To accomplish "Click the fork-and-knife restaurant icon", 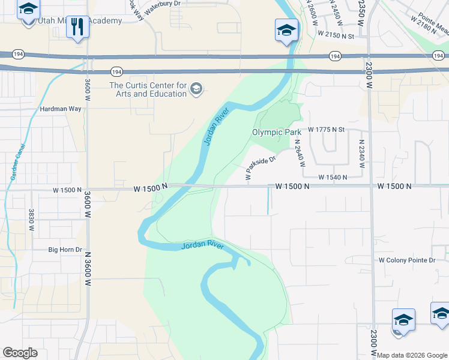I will pyautogui.click(x=77, y=26).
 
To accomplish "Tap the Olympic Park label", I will pyautogui.click(x=276, y=132).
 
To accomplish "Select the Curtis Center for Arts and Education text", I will pyautogui.click(x=148, y=89).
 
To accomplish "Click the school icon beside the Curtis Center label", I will pyautogui.click(x=196, y=90).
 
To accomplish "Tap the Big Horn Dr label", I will pyautogui.click(x=65, y=249).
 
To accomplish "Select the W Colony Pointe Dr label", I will pyautogui.click(x=407, y=260).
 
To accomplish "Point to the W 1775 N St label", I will pyautogui.click(x=327, y=130).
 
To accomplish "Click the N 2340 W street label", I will pyautogui.click(x=361, y=150).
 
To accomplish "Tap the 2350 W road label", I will pyautogui.click(x=361, y=12).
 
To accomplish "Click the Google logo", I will pyautogui.click(x=20, y=353).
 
